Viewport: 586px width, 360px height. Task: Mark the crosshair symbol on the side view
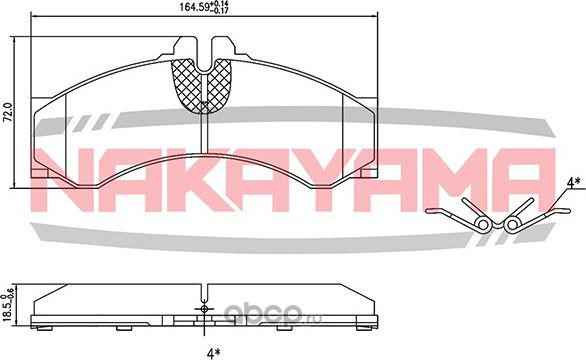pyautogui.click(x=204, y=308)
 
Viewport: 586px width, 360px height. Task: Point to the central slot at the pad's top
pyautogui.click(x=205, y=50)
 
